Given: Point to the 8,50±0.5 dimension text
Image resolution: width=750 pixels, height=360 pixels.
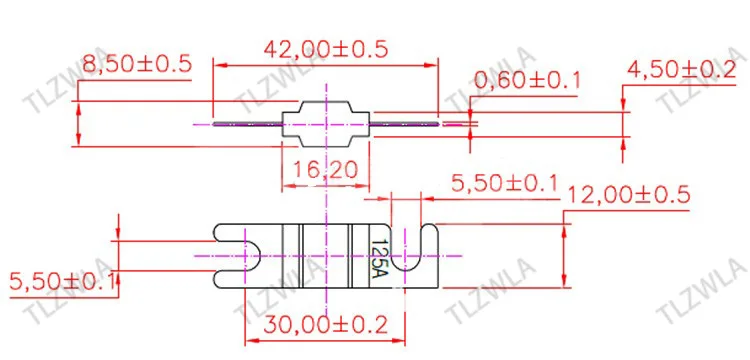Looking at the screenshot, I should [137, 64].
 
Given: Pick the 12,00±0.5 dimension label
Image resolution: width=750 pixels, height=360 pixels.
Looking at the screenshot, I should [629, 194].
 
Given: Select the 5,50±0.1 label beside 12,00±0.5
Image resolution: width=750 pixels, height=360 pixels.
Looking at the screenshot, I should [505, 183].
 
